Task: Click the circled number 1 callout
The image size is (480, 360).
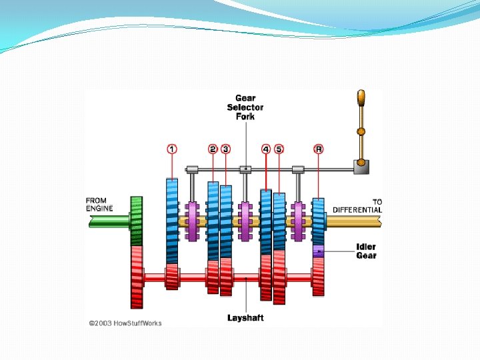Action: (x=172, y=149)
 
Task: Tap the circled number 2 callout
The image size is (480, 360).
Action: (x=213, y=149)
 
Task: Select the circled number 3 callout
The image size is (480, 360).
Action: (x=226, y=149)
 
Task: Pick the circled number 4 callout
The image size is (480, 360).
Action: (x=266, y=149)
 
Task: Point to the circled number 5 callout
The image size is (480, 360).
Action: (x=279, y=149)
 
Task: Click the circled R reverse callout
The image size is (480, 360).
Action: (x=319, y=149)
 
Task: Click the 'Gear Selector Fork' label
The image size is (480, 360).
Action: (x=245, y=107)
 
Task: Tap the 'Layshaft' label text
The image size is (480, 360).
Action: (x=245, y=317)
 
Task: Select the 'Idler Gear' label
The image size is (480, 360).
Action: (x=366, y=251)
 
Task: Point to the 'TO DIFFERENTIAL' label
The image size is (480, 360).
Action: (x=357, y=205)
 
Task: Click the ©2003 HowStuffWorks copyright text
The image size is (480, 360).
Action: (x=125, y=323)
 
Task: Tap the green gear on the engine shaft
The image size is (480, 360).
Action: (x=137, y=221)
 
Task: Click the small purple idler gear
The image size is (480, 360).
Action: (x=319, y=251)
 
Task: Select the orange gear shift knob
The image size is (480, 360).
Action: (x=361, y=98)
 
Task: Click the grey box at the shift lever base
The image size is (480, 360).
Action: (x=362, y=168)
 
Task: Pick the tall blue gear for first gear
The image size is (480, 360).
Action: (x=172, y=220)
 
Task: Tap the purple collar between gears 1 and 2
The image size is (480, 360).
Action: (x=193, y=221)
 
